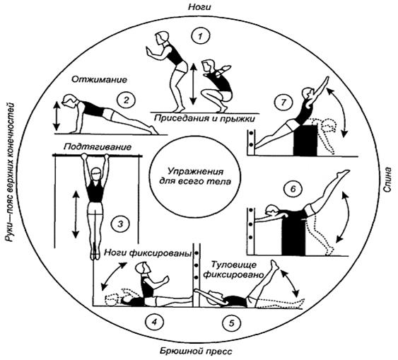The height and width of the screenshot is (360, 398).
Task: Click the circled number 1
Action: coord(201,36)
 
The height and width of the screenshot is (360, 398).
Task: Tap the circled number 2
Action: coord(126,100)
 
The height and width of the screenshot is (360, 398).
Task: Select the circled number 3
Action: coord(120,224)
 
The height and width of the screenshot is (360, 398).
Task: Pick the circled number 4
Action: coord(154,323)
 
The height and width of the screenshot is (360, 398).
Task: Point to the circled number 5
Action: coord(231,323)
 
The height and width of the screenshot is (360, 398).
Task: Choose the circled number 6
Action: coord(293,189)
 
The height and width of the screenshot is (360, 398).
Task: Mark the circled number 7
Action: coord(283,103)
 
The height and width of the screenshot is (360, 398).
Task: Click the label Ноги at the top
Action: coord(199,7)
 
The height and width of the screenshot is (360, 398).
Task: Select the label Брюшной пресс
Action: coord(196,352)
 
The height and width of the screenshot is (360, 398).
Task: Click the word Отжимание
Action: coord(99,80)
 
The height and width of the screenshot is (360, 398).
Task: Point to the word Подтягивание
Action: coord(98,147)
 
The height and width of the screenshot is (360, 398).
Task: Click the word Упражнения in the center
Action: coord(194,172)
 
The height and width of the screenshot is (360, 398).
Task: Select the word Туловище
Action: coord(234,265)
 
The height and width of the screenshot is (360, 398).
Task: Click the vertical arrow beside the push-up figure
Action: coord(57,116)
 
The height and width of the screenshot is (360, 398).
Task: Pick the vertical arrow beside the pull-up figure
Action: coord(76,214)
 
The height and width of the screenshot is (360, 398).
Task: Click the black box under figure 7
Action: coord(305,140)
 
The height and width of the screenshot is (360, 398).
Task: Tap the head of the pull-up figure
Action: coord(95,174)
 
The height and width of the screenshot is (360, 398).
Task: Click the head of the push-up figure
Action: coord(69,100)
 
